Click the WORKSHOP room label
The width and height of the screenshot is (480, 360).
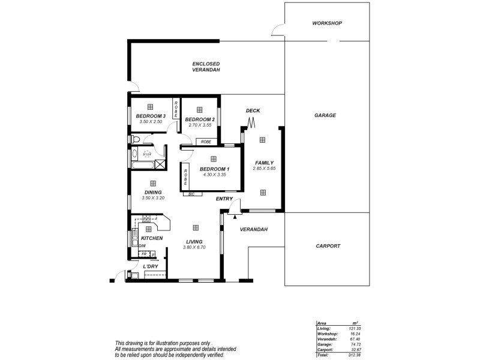pyautogui.click(x=327, y=23)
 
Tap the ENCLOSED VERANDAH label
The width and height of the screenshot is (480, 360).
pyautogui.click(x=206, y=67)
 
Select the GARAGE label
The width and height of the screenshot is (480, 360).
pyautogui.click(x=325, y=115)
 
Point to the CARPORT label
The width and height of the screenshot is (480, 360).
pyautogui.click(x=328, y=246)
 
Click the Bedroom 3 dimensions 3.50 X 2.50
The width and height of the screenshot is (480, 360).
pyautogui.click(x=151, y=122)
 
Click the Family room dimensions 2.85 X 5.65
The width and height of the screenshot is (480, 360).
pyautogui.click(x=264, y=169)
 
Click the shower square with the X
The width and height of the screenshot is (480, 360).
pyautogui.click(x=160, y=164)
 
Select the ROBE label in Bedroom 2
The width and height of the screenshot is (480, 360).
pyautogui.click(x=206, y=142)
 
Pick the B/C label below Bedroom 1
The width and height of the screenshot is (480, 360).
pyautogui.click(x=191, y=194)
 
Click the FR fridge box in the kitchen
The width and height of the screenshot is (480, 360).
pyautogui.click(x=144, y=254)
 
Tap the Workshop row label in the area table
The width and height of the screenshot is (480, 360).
pyautogui.click(x=327, y=334)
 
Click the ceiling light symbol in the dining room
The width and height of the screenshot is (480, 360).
pyautogui.click(x=152, y=183)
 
